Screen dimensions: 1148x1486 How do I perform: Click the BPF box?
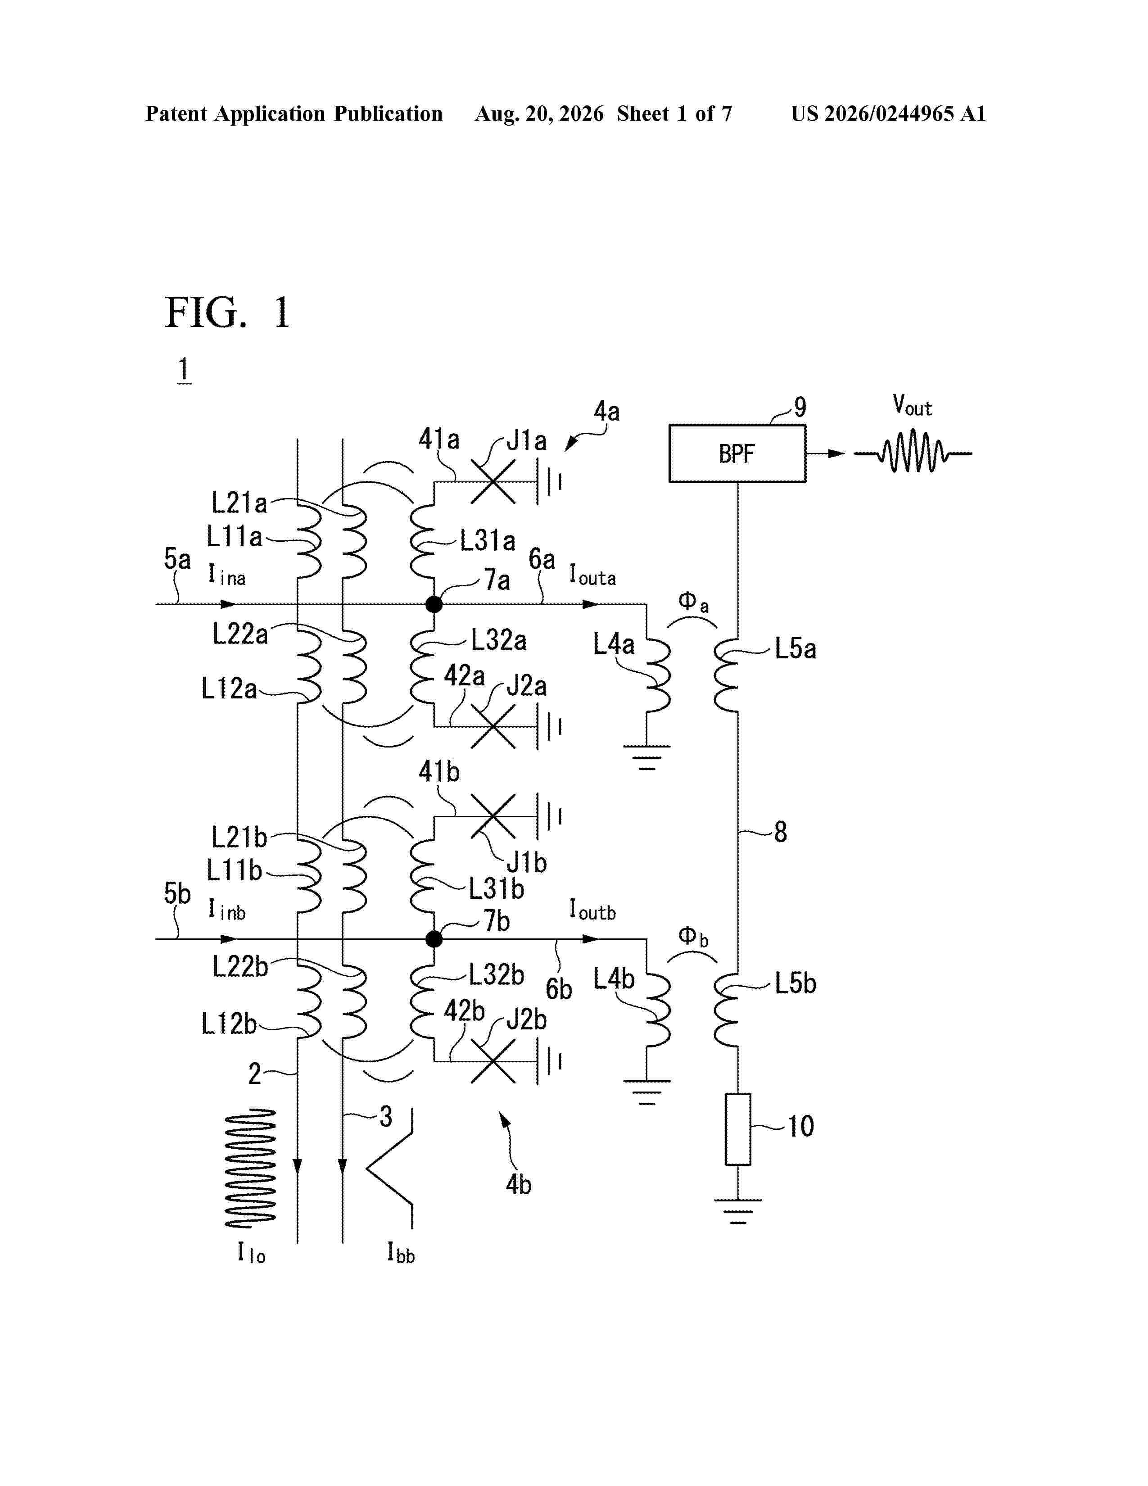(x=737, y=453)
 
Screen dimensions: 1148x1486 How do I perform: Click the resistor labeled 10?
(x=738, y=1129)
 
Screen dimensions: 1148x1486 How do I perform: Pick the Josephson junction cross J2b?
(x=493, y=1061)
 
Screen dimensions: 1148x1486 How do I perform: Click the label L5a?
(x=795, y=649)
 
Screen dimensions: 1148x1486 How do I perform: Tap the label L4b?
(x=614, y=979)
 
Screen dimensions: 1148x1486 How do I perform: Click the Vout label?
(x=912, y=406)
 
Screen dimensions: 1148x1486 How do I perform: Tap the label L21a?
(x=239, y=503)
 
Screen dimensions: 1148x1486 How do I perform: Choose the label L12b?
(x=229, y=1024)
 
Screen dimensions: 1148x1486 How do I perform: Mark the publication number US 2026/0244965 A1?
(x=888, y=113)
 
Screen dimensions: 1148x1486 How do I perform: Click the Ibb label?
(x=401, y=1253)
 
